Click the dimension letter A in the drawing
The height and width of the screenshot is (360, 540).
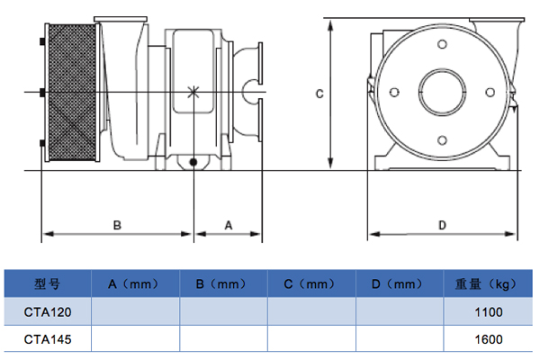click(228, 224)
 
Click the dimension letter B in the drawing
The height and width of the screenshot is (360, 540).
click(117, 224)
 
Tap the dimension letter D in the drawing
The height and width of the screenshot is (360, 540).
click(442, 224)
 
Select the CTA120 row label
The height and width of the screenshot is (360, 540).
click(47, 311)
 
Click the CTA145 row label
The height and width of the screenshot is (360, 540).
click(47, 339)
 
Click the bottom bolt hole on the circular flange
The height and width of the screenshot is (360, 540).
click(443, 138)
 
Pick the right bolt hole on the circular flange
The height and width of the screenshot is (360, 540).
click(490, 91)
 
